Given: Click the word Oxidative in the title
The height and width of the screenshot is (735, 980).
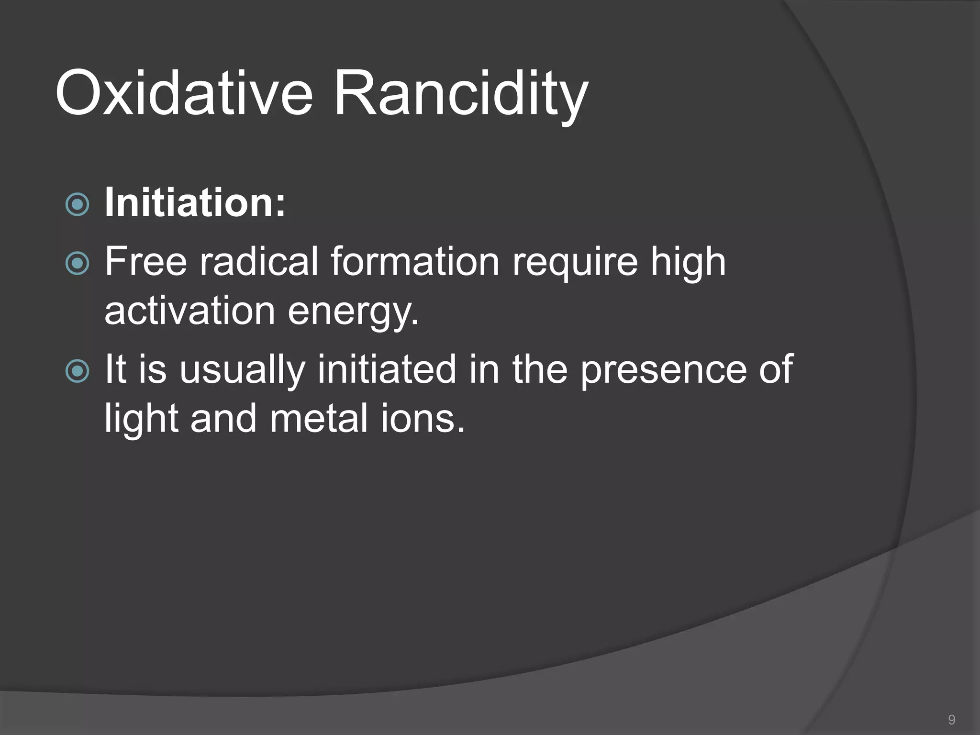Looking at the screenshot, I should click(184, 93).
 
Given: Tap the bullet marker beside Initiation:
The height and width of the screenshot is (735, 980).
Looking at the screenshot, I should click(77, 205).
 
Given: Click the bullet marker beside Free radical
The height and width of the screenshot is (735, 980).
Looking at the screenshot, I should click(77, 263).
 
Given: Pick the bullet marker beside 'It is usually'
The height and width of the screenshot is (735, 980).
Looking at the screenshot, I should click(77, 371).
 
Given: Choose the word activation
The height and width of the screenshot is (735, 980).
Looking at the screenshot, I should click(189, 311).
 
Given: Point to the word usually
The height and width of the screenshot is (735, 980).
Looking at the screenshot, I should click(242, 370).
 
